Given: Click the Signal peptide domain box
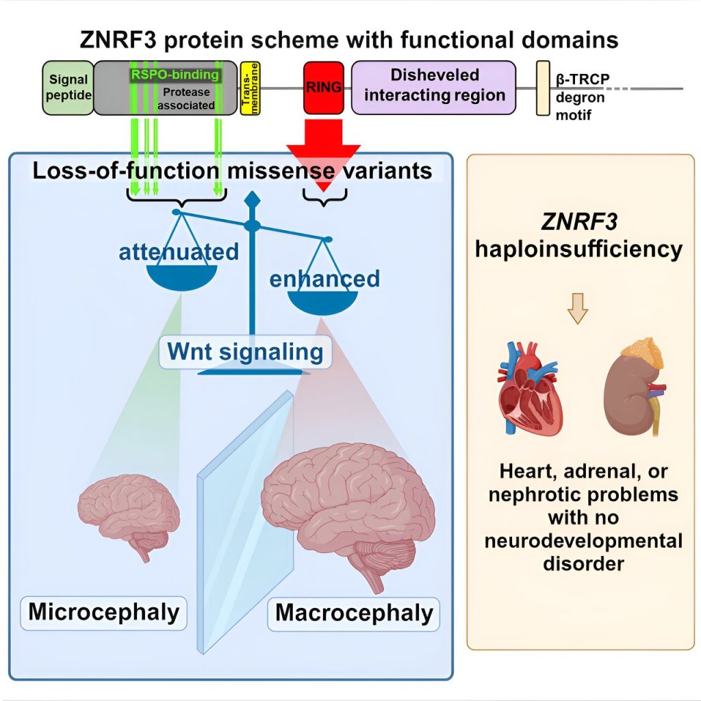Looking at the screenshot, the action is pyautogui.click(x=68, y=88).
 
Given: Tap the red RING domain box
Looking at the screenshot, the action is pyautogui.click(x=324, y=88).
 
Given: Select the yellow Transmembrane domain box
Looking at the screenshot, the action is pyautogui.click(x=251, y=88).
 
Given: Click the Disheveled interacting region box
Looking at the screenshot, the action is pyautogui.click(x=433, y=88).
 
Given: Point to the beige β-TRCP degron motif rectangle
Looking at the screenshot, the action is pyautogui.click(x=543, y=88).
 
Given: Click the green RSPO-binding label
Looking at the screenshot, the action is pyautogui.click(x=175, y=74).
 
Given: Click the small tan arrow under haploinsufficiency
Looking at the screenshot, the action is pyautogui.click(x=578, y=308).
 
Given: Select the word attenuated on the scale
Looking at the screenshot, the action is pyautogui.click(x=179, y=252).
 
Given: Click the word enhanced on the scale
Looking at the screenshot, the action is pyautogui.click(x=324, y=279).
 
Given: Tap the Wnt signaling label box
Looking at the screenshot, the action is pyautogui.click(x=246, y=352).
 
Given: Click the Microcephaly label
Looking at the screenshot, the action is pyautogui.click(x=104, y=612).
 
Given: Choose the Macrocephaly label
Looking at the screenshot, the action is pyautogui.click(x=354, y=613).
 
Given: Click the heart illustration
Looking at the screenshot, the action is pyautogui.click(x=530, y=388).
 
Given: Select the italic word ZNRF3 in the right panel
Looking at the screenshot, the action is pyautogui.click(x=579, y=222).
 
